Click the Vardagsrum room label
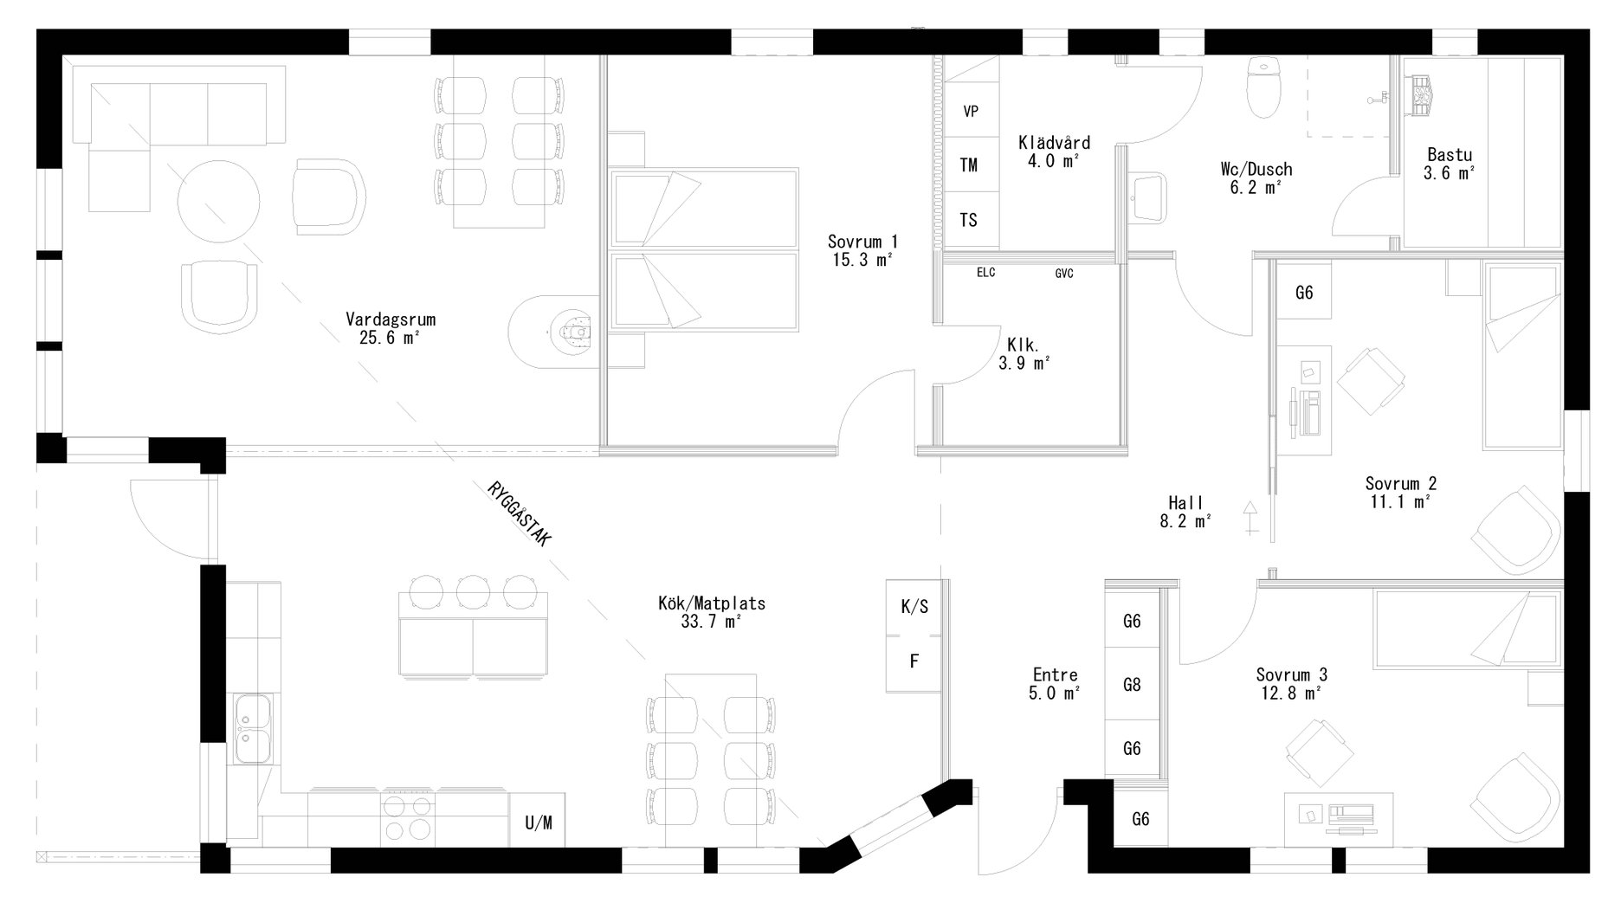pos(391,319)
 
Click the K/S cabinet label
pos(914,606)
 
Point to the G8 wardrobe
pos(1132,685)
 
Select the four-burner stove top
pos(409,818)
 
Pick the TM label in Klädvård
pos(969,164)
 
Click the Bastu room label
pos(1450,156)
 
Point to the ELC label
pos(985,273)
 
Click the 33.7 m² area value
pos(711,622)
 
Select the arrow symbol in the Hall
pos(1250,517)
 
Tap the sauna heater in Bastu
pos(1422,94)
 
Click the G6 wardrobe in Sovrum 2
pos(1304,293)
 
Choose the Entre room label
pos(1055,675)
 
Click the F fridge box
pos(914,661)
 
